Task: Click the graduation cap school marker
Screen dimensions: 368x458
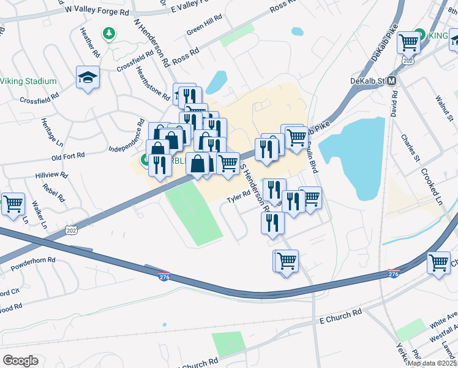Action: pos(87,77)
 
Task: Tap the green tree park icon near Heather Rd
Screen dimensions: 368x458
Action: pos(109,33)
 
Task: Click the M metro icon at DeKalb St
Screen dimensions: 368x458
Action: pos(392,80)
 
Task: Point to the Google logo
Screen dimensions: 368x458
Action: pos(20,361)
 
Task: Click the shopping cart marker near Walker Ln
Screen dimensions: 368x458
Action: pos(13,204)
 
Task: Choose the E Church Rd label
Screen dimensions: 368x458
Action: pos(340,316)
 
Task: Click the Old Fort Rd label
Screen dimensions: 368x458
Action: pos(68,156)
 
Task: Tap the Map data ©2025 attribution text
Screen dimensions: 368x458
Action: pos(432,362)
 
